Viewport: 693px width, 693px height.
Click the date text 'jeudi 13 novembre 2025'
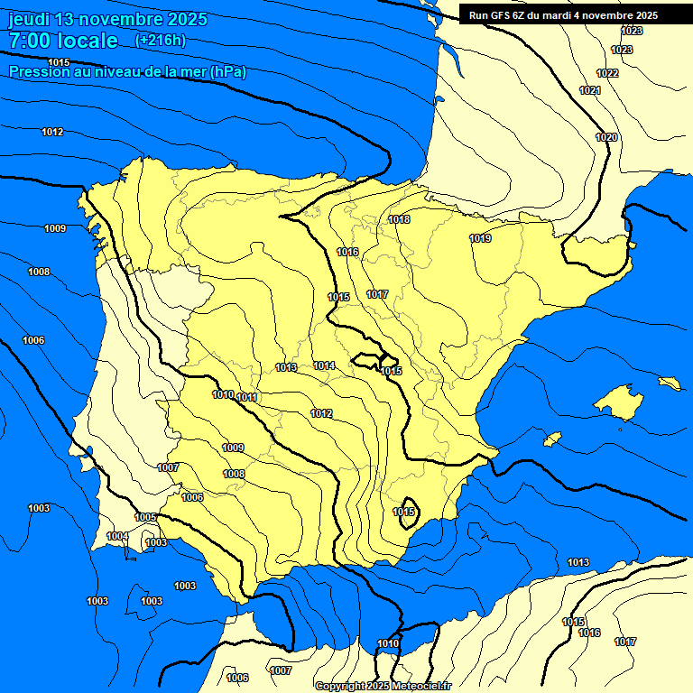pos(107,20)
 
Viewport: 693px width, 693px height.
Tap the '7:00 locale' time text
pos(63,41)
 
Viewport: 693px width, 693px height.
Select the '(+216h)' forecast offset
pos(161,40)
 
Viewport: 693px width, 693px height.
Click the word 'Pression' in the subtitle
pos(37,71)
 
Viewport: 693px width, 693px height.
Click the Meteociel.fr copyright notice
pos(383,686)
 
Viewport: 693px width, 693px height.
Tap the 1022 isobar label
pos(607,73)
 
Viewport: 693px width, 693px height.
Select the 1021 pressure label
pos(590,90)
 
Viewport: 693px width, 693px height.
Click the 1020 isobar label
pos(607,137)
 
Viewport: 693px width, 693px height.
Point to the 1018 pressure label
pos(399,219)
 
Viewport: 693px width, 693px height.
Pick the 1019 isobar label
pos(480,238)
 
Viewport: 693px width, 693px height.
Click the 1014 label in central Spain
pos(325,365)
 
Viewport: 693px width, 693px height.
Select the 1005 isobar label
pos(146,517)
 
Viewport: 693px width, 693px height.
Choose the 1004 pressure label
pos(117,536)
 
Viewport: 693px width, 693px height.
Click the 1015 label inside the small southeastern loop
pos(404,512)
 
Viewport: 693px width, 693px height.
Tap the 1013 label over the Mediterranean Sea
pos(578,562)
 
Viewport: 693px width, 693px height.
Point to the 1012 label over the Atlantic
pos(52,132)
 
